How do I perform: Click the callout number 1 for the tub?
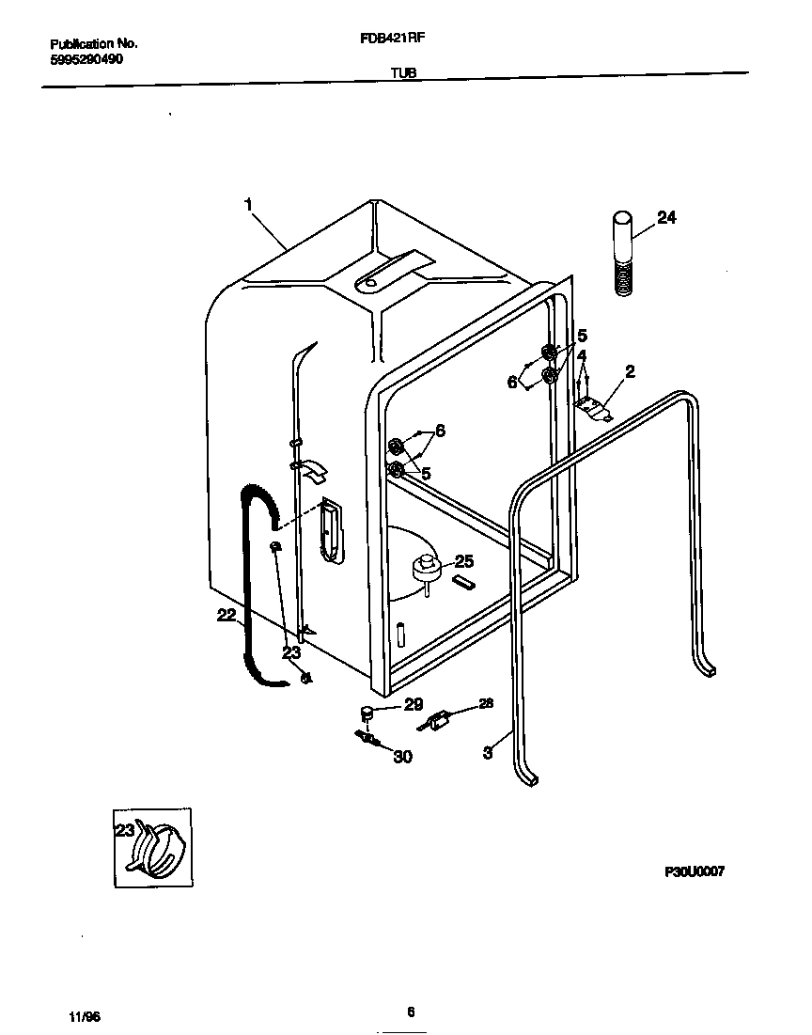pos(249,205)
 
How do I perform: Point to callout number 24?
pos(665,217)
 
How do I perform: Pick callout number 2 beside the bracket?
pos(630,371)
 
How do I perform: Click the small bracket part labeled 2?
pos(593,405)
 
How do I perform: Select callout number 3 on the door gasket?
pos(488,752)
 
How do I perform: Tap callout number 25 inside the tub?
pos(463,561)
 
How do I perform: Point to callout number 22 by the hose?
pos(226,615)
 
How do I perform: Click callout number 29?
pos(414,704)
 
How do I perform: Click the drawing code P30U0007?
pos(694,870)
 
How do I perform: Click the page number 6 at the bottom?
pos(411,1011)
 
